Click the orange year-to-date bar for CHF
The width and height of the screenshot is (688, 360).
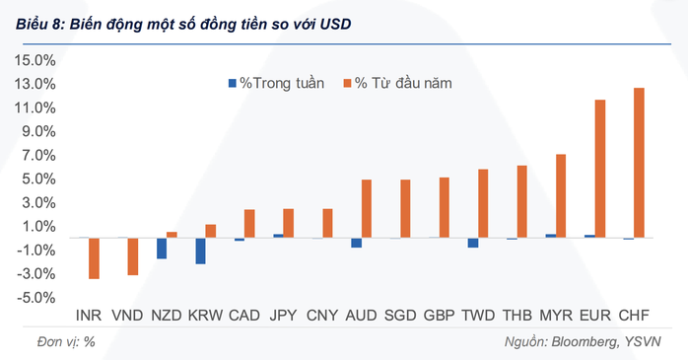(x=639, y=163)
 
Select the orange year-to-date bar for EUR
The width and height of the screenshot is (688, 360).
(x=600, y=169)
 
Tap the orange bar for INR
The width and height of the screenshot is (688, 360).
(x=94, y=257)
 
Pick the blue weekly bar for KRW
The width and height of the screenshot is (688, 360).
(x=200, y=251)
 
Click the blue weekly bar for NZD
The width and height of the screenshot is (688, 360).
(x=162, y=248)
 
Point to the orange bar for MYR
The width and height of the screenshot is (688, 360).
(x=561, y=195)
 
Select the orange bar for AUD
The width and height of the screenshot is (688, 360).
(x=367, y=208)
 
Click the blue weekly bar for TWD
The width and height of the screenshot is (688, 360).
(x=473, y=243)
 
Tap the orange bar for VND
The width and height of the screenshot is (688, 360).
(x=132, y=255)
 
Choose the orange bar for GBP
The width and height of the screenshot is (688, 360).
(x=444, y=207)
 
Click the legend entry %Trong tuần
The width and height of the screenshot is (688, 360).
(x=277, y=84)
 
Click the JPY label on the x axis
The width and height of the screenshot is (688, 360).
(x=283, y=316)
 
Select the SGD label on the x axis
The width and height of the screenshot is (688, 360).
(x=399, y=316)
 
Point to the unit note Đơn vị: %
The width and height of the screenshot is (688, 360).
(x=60, y=341)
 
